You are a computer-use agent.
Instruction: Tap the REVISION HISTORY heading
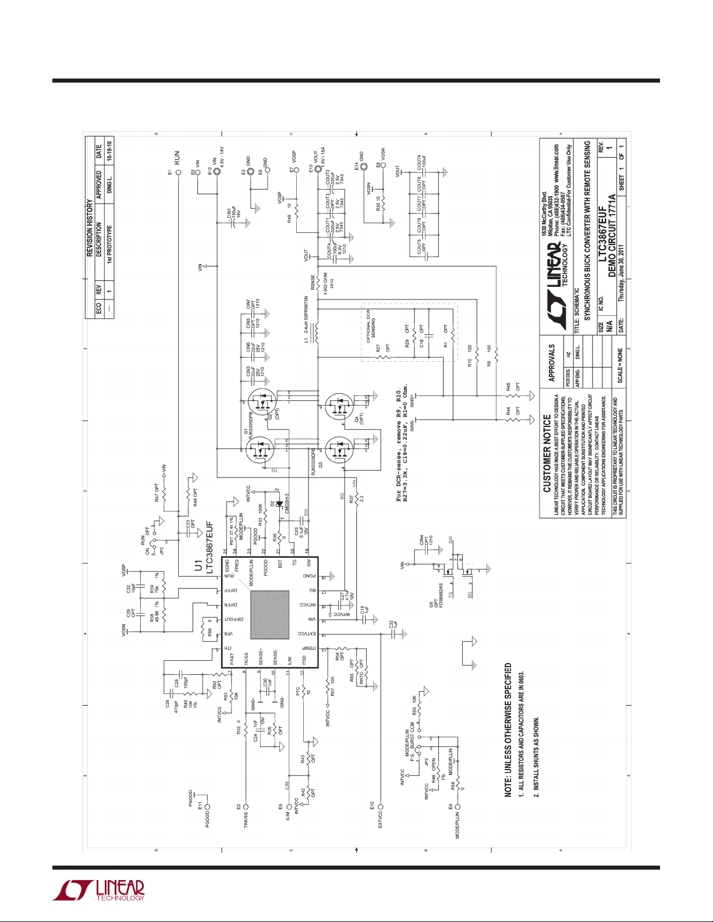(x=90, y=228)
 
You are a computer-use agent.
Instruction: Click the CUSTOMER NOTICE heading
(x=547, y=453)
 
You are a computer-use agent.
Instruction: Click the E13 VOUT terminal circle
(x=318, y=172)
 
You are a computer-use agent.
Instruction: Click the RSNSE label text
(x=313, y=283)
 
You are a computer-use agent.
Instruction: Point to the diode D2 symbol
(x=279, y=504)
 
